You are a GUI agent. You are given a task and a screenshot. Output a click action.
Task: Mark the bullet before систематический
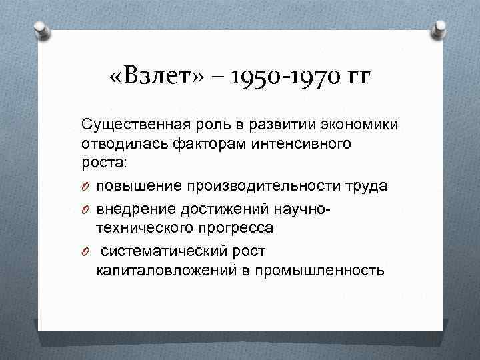[x=85, y=251]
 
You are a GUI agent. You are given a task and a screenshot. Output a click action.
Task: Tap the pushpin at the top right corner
[x=440, y=28]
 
